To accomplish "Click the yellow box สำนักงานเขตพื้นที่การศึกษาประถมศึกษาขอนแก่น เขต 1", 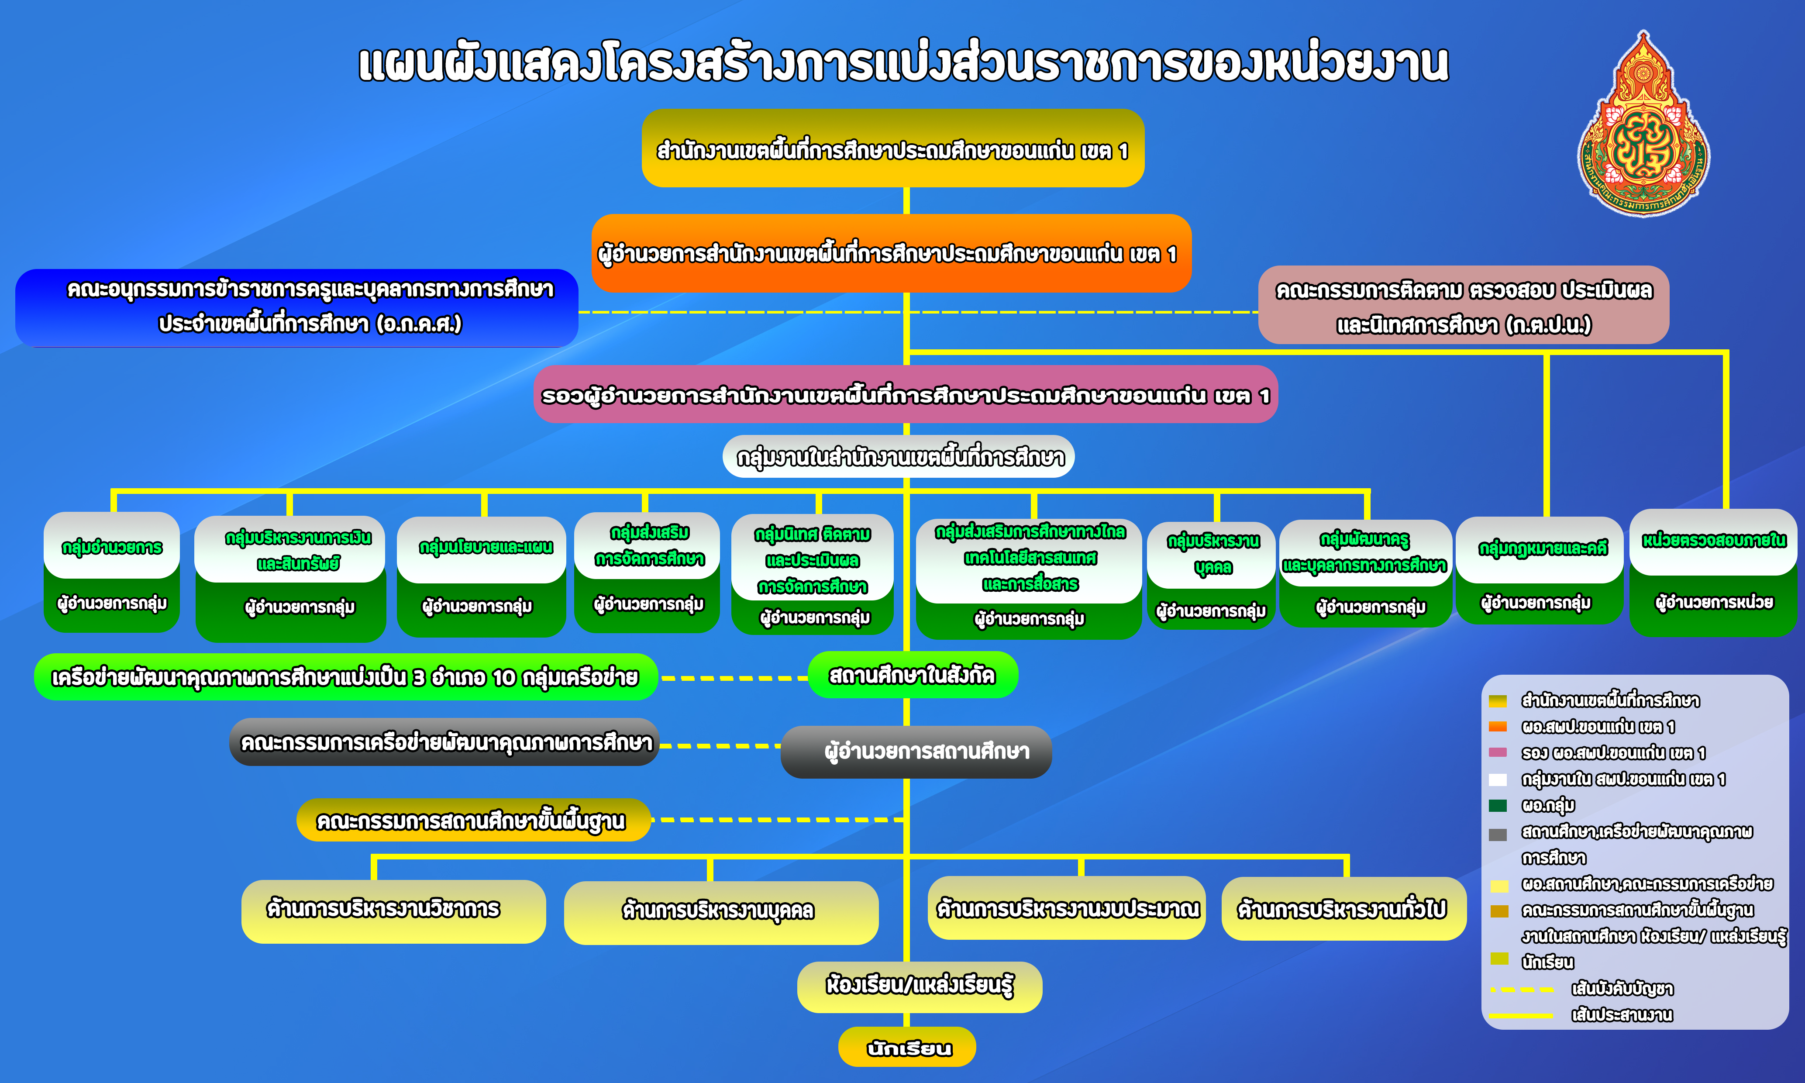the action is point(892,148).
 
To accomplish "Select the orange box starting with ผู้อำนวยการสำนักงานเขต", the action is point(891,253).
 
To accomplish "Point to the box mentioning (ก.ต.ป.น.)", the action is point(1464,305).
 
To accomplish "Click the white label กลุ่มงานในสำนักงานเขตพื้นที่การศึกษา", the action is point(899,457).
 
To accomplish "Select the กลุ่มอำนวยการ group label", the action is point(112,547).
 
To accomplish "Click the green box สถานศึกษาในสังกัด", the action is point(913,675).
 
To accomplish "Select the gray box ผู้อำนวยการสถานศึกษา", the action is point(916,752).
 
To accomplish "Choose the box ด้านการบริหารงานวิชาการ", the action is point(393,911).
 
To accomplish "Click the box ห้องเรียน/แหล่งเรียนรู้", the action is point(919,986).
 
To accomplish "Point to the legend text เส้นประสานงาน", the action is point(1622,1015).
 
